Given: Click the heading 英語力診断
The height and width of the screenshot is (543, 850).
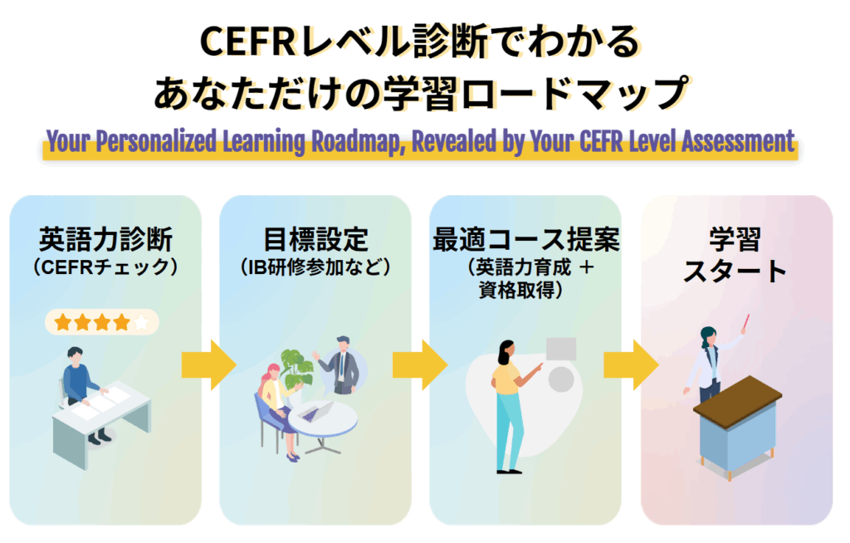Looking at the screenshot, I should (105, 241).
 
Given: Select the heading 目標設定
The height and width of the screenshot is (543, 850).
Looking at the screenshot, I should (315, 241).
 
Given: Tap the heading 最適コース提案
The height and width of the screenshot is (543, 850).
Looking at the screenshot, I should (526, 241).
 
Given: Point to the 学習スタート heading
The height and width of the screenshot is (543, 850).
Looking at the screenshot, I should (735, 256).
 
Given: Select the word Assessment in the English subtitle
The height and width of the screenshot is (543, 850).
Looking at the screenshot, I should (738, 141).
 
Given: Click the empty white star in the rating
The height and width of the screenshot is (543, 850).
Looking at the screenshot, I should (142, 322).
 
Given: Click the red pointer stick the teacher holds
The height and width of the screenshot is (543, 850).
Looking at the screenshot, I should (745, 321).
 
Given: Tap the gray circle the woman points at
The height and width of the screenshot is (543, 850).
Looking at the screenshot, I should (562, 379).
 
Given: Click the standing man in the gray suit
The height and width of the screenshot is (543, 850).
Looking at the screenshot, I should (340, 365).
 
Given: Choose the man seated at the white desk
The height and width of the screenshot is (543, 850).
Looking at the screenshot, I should (81, 384).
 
